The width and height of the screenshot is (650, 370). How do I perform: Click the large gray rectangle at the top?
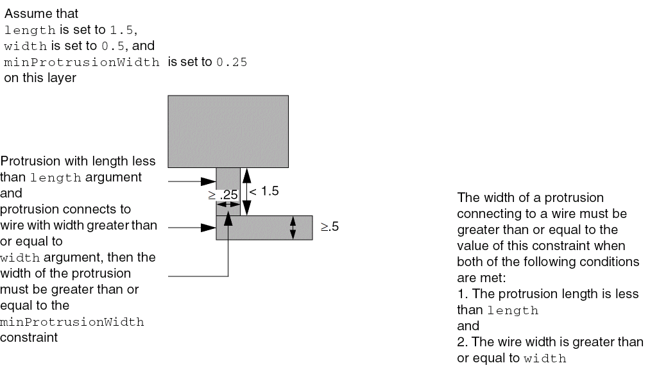pyautogui.click(x=228, y=131)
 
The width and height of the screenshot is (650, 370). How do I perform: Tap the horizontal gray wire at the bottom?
pyautogui.click(x=264, y=228)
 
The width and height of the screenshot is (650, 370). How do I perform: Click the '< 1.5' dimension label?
pyautogui.click(x=264, y=191)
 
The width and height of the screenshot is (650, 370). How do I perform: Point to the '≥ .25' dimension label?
pyautogui.click(x=223, y=195)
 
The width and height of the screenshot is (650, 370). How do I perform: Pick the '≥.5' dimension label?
pyautogui.click(x=330, y=226)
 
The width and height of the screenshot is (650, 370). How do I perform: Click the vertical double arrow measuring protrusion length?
pyautogui.click(x=246, y=192)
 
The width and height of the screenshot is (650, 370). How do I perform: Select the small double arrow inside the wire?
pyautogui.click(x=293, y=228)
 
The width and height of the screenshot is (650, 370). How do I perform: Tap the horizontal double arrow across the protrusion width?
pyautogui.click(x=228, y=205)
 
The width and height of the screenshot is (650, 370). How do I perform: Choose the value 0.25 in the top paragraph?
pyautogui.click(x=232, y=62)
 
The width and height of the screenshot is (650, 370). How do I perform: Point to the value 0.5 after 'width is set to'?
pyautogui.click(x=113, y=46)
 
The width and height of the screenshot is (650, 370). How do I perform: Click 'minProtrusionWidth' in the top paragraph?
pyautogui.click(x=81, y=62)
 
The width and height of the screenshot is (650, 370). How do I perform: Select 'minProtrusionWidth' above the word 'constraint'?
pyautogui.click(x=72, y=322)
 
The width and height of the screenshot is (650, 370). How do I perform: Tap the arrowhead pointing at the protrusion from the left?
pyautogui.click(x=208, y=181)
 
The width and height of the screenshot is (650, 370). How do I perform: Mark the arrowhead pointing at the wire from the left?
pyautogui.click(x=208, y=228)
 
